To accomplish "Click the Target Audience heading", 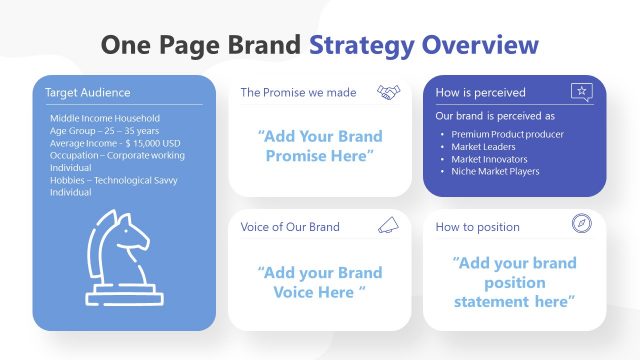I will point(88,93).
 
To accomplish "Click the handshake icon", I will point(388,93).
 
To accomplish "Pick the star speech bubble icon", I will point(581,92).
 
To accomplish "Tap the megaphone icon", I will point(388,226).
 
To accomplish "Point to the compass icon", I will point(581,225).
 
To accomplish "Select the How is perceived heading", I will point(480,93).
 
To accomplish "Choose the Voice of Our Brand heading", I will point(290,227).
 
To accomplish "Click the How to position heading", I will point(477,227).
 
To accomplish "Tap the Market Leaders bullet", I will point(485,146).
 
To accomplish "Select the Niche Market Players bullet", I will point(495,171).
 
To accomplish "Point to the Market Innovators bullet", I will point(489,159).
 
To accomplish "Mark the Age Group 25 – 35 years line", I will point(104,131).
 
